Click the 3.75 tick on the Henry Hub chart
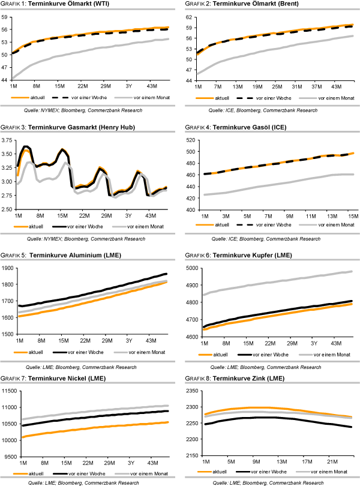(7, 140)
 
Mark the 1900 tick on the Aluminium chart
(9, 268)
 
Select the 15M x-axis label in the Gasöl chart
(349, 215)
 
